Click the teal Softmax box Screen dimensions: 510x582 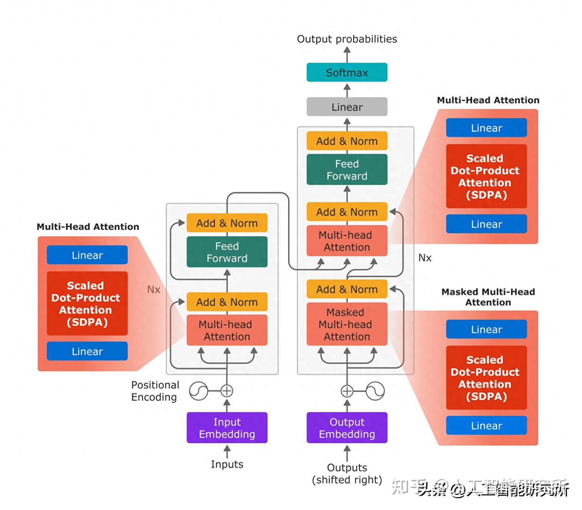[347, 72]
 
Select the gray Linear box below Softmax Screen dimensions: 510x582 [347, 107]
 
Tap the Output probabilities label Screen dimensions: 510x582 [347, 39]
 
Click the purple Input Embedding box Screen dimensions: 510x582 [227, 428]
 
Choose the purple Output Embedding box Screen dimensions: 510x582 [347, 428]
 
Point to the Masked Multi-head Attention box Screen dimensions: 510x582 [347, 324]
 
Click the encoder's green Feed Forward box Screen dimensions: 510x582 [227, 252]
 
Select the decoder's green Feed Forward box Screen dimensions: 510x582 [347, 170]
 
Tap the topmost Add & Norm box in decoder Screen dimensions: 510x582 [347, 141]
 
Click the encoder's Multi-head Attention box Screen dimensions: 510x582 [227, 330]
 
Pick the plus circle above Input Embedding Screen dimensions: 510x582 [227, 391]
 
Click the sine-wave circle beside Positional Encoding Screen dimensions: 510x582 [198, 391]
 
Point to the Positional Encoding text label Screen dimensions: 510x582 [155, 391]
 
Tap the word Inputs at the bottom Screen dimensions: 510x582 [227, 464]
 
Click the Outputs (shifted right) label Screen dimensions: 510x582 [347, 474]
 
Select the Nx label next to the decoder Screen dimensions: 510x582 [425, 258]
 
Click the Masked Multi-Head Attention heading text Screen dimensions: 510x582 [488, 297]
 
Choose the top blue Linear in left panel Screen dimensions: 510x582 [87, 255]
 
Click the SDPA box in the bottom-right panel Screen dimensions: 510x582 [486, 378]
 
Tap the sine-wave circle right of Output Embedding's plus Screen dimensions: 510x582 [375, 391]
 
